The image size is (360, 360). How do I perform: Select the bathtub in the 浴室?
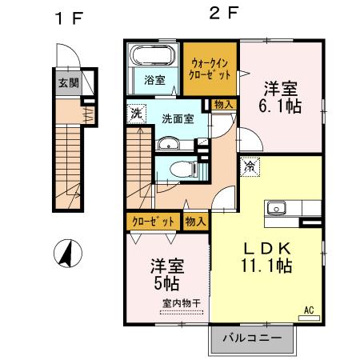coord(153,58)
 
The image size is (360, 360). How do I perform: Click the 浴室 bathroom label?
coord(154,80)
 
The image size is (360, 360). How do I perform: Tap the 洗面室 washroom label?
coord(178,118)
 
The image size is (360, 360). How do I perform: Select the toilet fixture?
coord(175,167)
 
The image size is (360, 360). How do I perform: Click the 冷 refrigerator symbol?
coord(249,166)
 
